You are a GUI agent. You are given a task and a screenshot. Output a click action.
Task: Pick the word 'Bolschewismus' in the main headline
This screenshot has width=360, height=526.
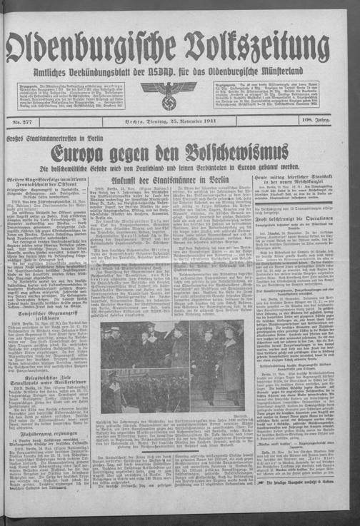coord(243,153)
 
